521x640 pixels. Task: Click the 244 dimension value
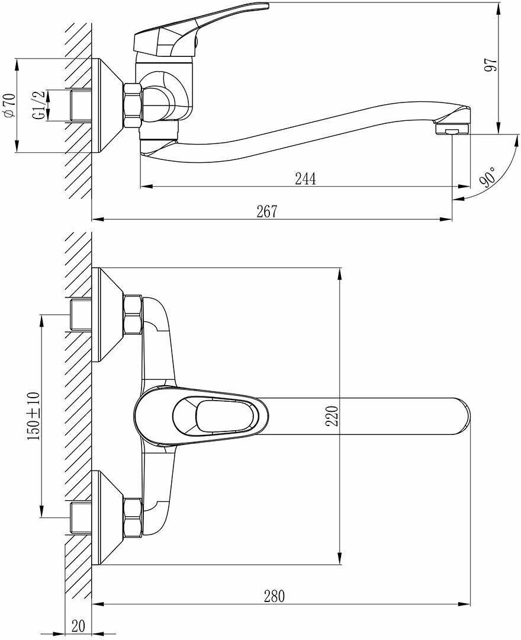305,178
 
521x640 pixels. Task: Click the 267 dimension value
266,212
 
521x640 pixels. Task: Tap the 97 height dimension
490,65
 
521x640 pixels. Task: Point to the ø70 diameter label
9,105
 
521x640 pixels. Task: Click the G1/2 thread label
38,105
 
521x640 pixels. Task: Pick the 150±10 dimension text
33,415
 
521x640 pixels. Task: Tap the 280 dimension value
274,596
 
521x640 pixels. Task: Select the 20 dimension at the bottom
78,626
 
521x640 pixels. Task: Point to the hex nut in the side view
132,106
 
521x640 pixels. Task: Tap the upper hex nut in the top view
132,314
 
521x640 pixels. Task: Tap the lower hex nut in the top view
132,517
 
